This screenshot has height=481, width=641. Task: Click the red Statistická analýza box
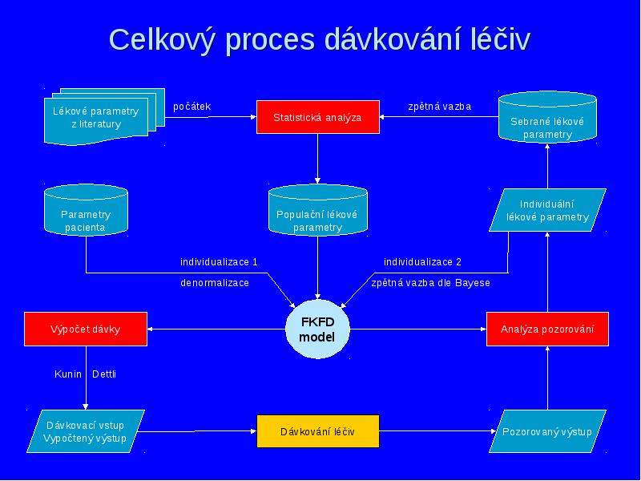point(317,117)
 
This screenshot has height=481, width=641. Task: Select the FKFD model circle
point(317,329)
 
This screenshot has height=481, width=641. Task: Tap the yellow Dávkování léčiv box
point(317,431)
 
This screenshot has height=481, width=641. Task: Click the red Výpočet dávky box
point(86,329)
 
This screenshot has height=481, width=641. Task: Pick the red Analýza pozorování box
point(547,329)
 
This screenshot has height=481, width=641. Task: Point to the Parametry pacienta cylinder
point(86,210)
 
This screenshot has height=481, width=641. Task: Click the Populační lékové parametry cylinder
point(317,210)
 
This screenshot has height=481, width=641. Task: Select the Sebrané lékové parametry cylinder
point(547,117)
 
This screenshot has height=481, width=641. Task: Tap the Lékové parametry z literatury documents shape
point(104,116)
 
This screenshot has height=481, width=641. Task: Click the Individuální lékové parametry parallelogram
point(547,210)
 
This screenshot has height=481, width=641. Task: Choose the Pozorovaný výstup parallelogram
point(547,431)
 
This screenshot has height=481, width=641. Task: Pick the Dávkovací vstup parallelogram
point(86,431)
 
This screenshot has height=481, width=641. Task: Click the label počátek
point(191,107)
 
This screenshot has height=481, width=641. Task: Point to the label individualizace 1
point(219,262)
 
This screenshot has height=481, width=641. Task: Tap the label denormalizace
point(215,283)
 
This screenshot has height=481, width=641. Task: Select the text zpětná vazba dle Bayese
point(430,283)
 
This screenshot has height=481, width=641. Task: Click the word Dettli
point(104,374)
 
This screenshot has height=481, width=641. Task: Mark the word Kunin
point(68,374)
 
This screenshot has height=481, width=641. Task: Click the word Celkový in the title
point(161,40)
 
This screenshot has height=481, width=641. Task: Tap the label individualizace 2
point(422,262)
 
